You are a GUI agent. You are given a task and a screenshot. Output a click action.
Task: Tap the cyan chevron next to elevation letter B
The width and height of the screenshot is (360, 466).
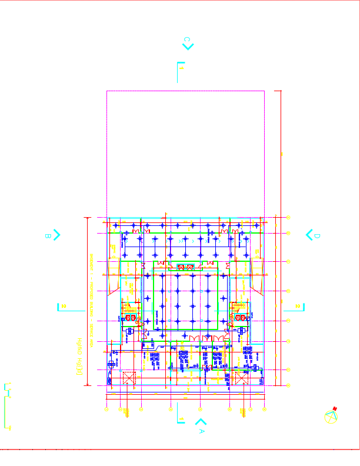point(56,234)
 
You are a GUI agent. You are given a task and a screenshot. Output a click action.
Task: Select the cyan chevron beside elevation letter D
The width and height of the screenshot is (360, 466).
point(309,234)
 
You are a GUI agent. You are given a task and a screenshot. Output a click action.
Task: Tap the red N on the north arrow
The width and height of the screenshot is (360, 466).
point(335,409)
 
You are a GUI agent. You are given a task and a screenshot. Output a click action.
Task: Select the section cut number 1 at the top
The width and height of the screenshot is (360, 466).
point(182,68)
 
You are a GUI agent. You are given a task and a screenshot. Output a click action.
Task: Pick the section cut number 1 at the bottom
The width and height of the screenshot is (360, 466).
point(182,419)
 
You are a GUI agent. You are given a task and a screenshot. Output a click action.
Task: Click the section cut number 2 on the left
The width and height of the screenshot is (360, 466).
point(64,306)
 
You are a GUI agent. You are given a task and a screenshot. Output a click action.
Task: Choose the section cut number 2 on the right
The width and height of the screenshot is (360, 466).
point(298,306)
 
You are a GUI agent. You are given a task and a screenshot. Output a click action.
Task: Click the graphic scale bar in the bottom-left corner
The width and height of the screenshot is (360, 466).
point(8,406)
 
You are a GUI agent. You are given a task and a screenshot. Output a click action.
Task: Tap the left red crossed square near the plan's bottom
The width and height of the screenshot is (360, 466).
point(128,378)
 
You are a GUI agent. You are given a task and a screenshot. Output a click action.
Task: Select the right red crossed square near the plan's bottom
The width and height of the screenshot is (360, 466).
point(242,378)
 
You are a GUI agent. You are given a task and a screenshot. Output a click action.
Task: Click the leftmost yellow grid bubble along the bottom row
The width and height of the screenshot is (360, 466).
point(106,409)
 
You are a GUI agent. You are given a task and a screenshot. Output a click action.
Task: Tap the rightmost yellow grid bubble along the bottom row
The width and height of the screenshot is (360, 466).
point(264,409)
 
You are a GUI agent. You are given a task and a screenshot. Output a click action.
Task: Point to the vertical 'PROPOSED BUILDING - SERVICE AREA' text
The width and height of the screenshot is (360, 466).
point(92,294)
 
